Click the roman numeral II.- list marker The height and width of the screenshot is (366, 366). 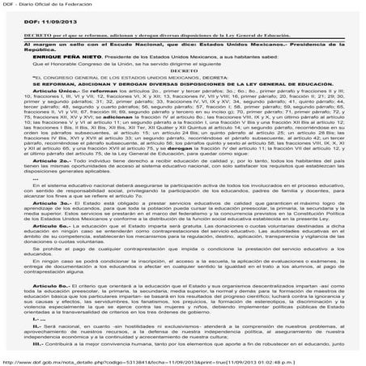32,342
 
